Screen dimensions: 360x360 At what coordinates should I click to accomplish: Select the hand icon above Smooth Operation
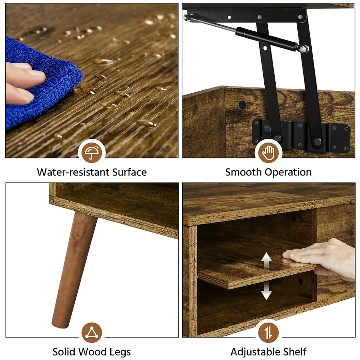268,153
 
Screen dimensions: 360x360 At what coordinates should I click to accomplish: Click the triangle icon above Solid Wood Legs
91,332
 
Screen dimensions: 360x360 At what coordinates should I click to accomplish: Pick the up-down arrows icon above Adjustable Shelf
268,332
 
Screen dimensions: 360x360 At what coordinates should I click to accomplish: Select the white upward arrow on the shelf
266,261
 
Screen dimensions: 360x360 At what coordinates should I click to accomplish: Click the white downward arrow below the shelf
266,291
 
